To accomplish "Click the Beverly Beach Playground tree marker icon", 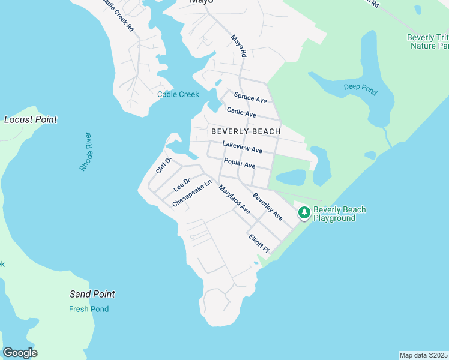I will [x=304, y=212].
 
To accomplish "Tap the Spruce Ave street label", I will [x=250, y=98].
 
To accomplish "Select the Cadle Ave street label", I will [x=241, y=112].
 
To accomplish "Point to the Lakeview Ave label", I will [x=242, y=147].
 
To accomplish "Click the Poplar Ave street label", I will [x=240, y=163].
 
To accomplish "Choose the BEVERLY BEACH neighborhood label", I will [x=246, y=131].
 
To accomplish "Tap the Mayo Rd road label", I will [x=239, y=46].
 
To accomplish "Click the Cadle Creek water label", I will [x=178, y=94].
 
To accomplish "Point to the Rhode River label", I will [x=85, y=151].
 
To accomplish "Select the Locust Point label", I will [x=31, y=119].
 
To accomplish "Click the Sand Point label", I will [x=92, y=294].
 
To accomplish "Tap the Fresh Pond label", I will [x=88, y=309].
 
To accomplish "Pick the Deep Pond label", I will [x=360, y=90].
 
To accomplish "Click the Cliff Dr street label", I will [x=164, y=165].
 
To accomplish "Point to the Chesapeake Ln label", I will [x=192, y=194].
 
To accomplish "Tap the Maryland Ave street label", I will [x=234, y=200].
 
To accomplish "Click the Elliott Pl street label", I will [x=259, y=242].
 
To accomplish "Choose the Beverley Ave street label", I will [x=268, y=206].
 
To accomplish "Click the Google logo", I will [x=20, y=353].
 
